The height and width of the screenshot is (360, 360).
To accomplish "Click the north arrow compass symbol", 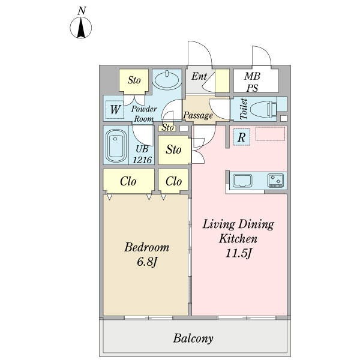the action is click(x=80, y=28).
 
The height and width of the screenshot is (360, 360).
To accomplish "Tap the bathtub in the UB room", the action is click(x=116, y=146).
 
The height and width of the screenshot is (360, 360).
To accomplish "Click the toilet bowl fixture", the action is click(x=263, y=109).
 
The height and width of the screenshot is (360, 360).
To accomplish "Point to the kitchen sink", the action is click(x=242, y=181).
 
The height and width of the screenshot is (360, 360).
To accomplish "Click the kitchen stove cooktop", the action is click(x=275, y=181).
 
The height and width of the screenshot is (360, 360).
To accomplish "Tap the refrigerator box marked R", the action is click(x=242, y=137).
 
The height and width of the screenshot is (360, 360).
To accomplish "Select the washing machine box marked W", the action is click(x=115, y=110).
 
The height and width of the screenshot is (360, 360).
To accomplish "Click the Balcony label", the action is click(x=193, y=338).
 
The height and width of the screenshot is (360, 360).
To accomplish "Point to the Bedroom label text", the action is click(x=147, y=247).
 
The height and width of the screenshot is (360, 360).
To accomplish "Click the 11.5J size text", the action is click(x=239, y=253).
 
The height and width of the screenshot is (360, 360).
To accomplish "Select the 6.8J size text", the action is click(x=147, y=262).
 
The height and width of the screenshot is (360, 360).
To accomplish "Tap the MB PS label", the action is click(x=253, y=82).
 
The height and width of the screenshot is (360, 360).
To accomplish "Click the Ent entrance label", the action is click(x=199, y=76).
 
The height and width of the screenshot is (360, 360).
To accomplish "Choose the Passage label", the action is click(x=198, y=115).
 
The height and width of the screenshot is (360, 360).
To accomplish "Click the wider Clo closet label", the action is click(x=128, y=181).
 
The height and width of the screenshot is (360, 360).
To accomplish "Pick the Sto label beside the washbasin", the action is click(x=134, y=80).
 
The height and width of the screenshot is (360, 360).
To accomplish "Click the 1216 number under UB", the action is click(x=142, y=160).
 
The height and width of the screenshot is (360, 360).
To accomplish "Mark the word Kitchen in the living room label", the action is click(x=238, y=239).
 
